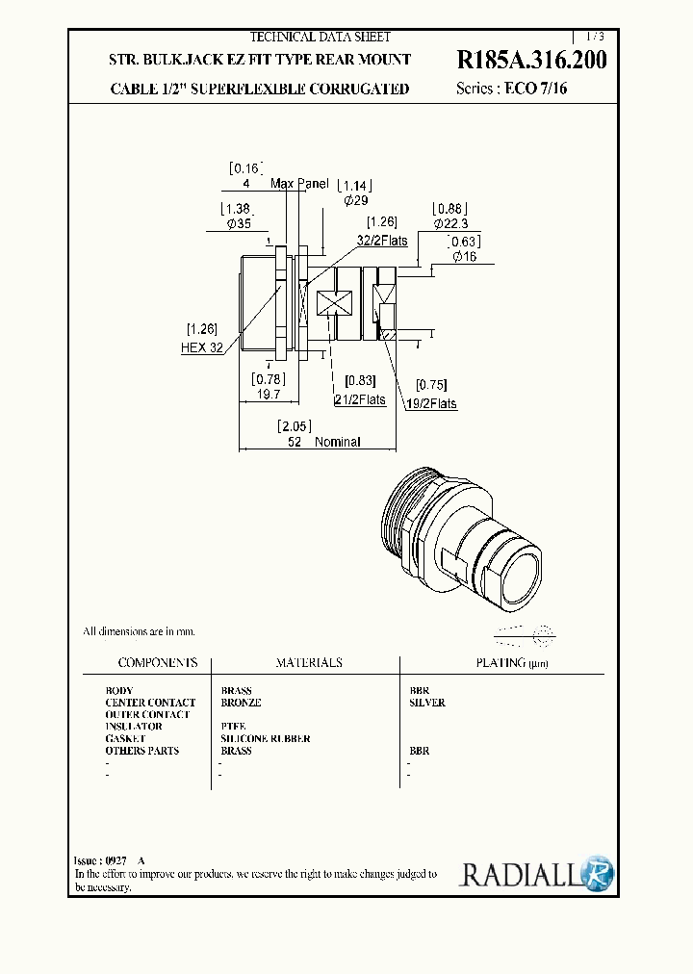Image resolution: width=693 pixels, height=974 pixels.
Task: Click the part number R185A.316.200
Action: pyautogui.click(x=531, y=61)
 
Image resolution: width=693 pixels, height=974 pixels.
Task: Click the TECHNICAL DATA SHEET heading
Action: pyautogui.click(x=321, y=38)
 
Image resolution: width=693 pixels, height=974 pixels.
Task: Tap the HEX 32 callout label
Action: pyautogui.click(x=202, y=347)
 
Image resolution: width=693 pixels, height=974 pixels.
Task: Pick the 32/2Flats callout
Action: pyautogui.click(x=382, y=241)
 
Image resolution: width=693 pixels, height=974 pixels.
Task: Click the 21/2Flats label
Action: pyautogui.click(x=360, y=399)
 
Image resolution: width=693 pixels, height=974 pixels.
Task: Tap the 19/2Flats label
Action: pyautogui.click(x=429, y=404)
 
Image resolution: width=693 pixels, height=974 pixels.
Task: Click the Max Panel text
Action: pyautogui.click(x=299, y=183)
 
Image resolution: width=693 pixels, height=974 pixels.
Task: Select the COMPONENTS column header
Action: pyautogui.click(x=158, y=663)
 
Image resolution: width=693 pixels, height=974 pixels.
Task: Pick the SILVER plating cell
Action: pyautogui.click(x=427, y=703)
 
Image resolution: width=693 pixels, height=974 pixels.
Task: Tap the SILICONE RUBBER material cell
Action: pyautogui.click(x=266, y=738)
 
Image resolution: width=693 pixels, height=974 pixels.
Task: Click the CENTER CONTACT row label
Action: pyautogui.click(x=150, y=703)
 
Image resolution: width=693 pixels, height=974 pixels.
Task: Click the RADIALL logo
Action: pyautogui.click(x=535, y=873)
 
